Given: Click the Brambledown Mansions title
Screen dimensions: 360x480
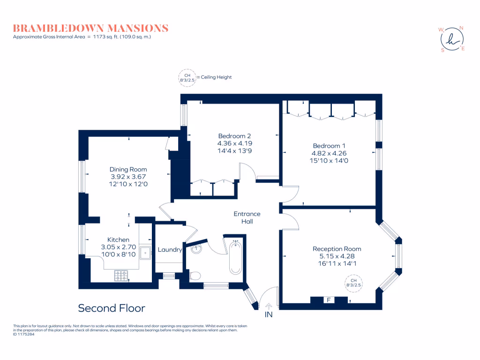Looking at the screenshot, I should coord(90,28).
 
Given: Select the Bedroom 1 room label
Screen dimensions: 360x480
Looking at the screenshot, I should coord(329,145).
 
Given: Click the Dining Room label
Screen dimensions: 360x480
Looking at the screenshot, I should coord(128,169).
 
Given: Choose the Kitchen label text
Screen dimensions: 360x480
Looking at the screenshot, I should coord(118,240).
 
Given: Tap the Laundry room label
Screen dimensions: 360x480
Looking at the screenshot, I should coord(170,250).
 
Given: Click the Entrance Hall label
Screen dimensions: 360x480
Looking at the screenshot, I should coord(247,217).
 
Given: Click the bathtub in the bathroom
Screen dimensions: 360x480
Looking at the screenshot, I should coord(236,257).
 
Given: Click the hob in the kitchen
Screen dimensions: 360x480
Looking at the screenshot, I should coord(121,276).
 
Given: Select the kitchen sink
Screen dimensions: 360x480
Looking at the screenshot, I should coord(145,253).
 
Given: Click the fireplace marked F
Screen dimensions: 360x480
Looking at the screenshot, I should coord(328,300).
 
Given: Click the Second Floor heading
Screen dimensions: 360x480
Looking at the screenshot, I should coord(112,308).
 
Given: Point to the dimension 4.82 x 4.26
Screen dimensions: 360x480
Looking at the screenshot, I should coord(329,153).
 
